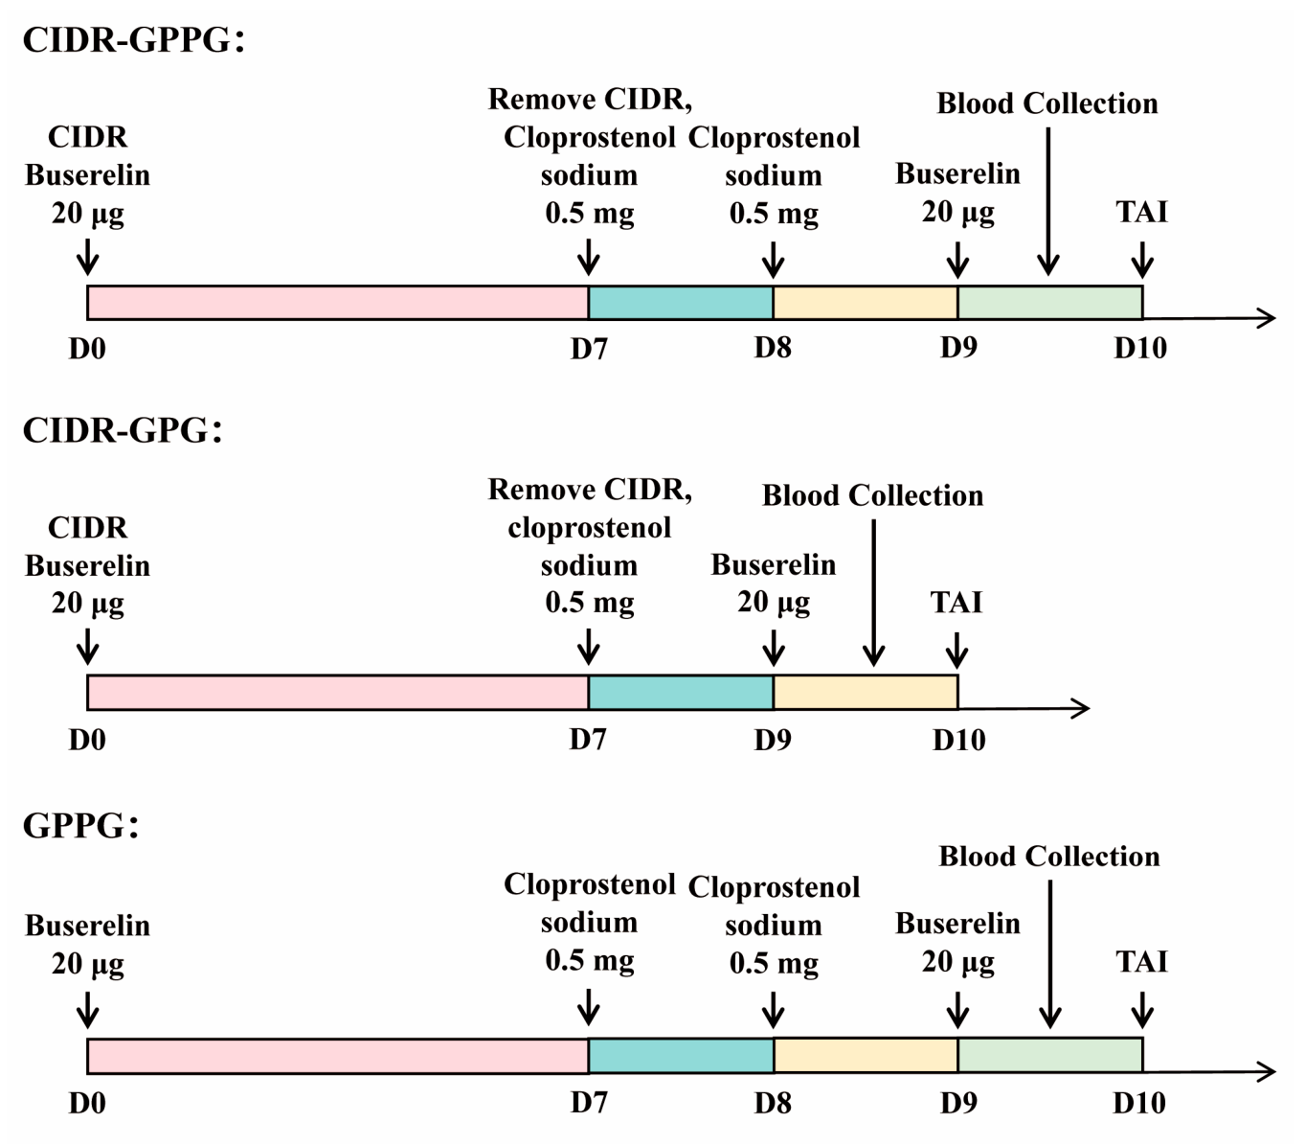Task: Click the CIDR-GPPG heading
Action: point(133,40)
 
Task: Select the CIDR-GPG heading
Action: point(123,430)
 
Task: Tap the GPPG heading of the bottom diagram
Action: point(80,825)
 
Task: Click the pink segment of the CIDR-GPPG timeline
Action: point(338,303)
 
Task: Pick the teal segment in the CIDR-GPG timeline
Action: point(681,693)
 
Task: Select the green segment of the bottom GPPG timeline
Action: point(1050,1055)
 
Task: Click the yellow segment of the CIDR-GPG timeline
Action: point(866,693)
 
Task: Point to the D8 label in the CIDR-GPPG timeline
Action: point(773,348)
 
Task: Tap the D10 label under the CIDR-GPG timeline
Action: point(959,740)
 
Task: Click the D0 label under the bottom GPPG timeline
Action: point(87,1103)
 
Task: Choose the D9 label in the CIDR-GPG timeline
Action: point(773,740)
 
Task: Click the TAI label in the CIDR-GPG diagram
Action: point(956,602)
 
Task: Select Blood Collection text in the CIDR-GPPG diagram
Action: point(1047,103)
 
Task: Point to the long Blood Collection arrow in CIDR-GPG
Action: point(874,592)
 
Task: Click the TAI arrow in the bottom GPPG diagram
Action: point(1142,1009)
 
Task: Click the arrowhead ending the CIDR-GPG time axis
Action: point(1081,708)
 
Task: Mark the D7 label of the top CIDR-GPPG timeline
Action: point(589,348)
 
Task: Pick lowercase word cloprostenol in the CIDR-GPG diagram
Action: point(590,528)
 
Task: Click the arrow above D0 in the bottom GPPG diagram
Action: point(87,1009)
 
